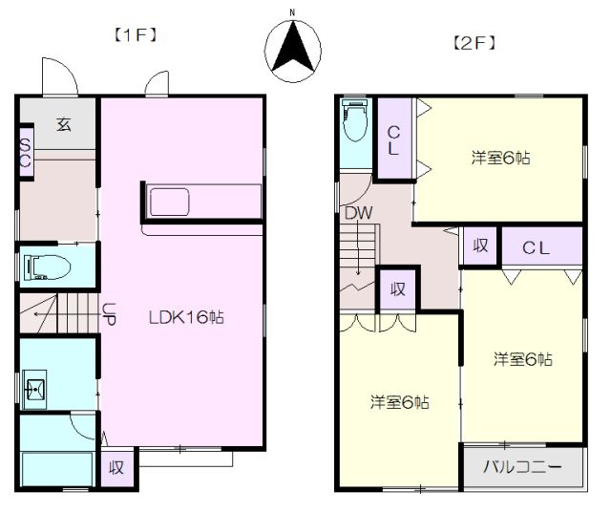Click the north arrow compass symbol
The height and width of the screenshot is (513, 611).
[x=293, y=51]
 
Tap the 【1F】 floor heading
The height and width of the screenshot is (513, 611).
[x=136, y=35]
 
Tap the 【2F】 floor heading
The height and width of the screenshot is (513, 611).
[x=474, y=43]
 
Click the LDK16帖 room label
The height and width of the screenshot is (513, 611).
[x=186, y=317]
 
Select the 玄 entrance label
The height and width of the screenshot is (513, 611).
[x=64, y=124]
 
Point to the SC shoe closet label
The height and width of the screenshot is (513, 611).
[x=26, y=154]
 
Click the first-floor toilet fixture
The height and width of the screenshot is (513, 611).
[x=47, y=267]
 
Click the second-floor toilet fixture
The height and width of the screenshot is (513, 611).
[x=355, y=120]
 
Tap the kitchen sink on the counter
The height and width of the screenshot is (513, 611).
[x=170, y=202]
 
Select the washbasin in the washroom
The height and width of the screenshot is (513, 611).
[x=34, y=389]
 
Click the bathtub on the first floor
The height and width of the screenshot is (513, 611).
[x=57, y=469]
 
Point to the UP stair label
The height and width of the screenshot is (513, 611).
[x=109, y=313]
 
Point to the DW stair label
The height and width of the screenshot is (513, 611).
[x=359, y=213]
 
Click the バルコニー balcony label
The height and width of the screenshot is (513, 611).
[x=522, y=466]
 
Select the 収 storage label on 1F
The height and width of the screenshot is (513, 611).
[x=116, y=467]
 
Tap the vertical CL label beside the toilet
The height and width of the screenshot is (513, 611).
[x=393, y=140]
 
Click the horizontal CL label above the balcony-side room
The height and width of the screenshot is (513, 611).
[x=536, y=248]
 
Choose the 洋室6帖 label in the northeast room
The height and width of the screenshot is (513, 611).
[x=500, y=158]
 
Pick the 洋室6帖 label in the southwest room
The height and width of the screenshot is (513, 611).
[x=400, y=402]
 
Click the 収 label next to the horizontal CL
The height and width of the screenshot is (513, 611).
[x=480, y=246]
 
